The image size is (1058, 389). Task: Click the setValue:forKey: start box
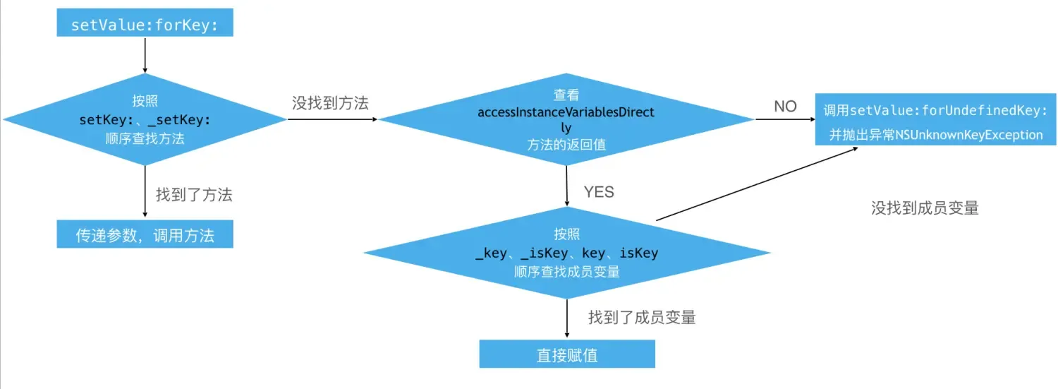pos(145,25)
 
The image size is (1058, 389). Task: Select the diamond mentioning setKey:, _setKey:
pos(145,119)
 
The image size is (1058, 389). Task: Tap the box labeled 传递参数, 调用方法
pos(145,235)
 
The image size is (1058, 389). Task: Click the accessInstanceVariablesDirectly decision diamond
pos(566,119)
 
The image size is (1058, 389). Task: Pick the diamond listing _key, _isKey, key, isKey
pos(566,253)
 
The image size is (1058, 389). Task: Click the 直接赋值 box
pos(567,354)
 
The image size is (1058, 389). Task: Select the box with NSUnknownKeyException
pos(932,119)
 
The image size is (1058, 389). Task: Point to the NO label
pos(785,107)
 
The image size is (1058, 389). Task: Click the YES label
pos(599,192)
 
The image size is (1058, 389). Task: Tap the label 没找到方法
pos(330,103)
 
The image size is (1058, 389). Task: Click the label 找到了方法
pos(194,195)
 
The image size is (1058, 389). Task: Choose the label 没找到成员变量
pos(925,208)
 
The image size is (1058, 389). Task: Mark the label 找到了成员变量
pos(642,318)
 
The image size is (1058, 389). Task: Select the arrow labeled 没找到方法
pos(332,119)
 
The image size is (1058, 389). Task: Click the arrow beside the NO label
pos(784,119)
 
